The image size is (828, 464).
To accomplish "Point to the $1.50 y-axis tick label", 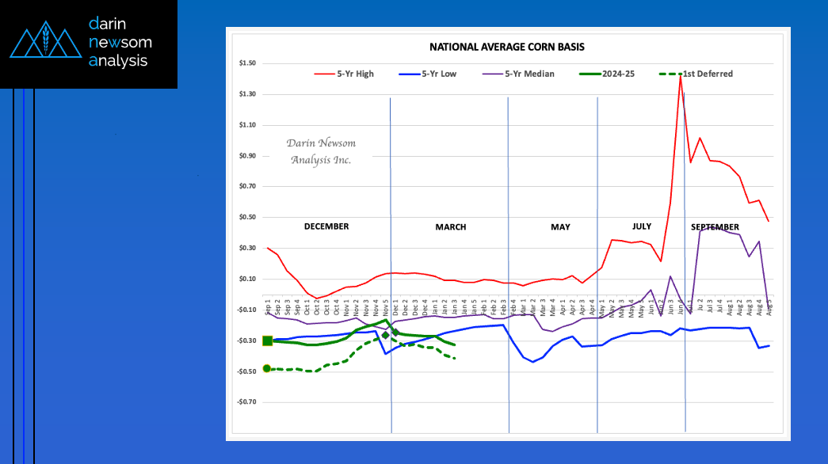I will click(245, 63).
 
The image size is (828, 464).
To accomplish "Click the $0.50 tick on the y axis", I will click(245, 217).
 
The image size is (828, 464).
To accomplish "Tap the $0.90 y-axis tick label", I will click(245, 155).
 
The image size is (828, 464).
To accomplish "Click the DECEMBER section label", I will click(326, 226).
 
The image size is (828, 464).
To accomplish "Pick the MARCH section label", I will click(450, 227).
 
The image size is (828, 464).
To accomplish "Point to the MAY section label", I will click(560, 227).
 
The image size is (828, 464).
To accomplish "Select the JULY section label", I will click(641, 226).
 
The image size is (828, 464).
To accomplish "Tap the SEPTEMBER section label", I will click(715, 227).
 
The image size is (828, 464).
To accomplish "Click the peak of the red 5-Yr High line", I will click(681, 75).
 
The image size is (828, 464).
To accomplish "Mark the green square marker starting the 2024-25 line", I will click(267, 340).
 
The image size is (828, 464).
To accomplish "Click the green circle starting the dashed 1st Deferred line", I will click(267, 368).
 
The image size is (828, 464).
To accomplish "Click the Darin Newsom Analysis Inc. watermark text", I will click(321, 151).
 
